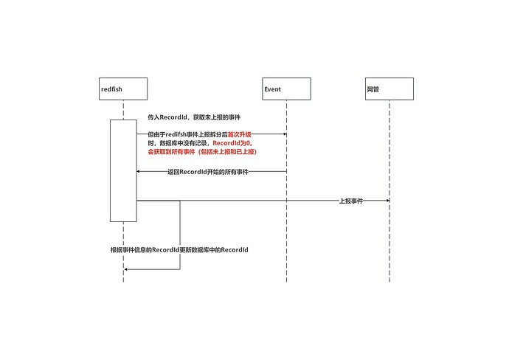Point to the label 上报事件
coord(351,201)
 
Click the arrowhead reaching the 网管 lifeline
coord(388,201)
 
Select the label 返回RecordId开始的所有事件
coord(208,172)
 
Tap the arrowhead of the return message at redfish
coord(138,171)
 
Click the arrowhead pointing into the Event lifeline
coord(285,134)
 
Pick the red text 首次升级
coord(240,134)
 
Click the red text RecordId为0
coord(232,143)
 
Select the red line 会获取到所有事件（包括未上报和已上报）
coord(202,151)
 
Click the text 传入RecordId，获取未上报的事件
coord(194,117)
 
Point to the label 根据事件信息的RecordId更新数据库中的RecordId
coord(179,249)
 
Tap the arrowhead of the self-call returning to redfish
coord(126,269)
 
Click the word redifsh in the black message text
coord(176,134)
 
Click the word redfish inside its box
coord(111,89)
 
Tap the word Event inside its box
coord(272,89)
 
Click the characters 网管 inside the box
coord(373,89)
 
